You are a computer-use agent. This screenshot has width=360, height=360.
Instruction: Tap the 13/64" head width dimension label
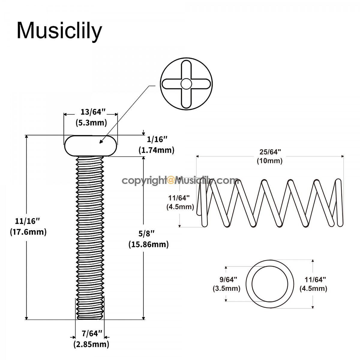coord(93,112)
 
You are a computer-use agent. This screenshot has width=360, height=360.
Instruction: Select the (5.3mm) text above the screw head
coord(91,123)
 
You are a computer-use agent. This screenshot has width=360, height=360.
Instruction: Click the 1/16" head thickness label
coord(157,139)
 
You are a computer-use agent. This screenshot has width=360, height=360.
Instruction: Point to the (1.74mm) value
coord(156,150)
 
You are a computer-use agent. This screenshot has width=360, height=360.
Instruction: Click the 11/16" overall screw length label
coord(28,221)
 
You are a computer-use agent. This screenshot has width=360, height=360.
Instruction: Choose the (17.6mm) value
coord(28,232)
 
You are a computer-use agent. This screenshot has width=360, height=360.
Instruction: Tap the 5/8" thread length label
coord(146,233)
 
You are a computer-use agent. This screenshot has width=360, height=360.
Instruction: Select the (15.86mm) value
coord(148,244)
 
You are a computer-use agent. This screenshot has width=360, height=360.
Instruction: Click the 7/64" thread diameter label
coord(92,334)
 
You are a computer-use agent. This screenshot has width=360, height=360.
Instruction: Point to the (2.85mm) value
coord(91,344)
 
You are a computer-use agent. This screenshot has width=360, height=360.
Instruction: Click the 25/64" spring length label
coord(270,152)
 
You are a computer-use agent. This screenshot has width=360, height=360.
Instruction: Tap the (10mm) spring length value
coord(270,161)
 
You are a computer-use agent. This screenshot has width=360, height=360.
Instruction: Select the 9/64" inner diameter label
coord(228,280)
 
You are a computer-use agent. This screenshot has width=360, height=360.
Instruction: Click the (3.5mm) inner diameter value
coord(226,288)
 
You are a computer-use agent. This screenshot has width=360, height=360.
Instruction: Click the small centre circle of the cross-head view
coord(186,84)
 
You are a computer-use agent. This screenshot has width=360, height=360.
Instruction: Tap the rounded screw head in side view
coord(90,146)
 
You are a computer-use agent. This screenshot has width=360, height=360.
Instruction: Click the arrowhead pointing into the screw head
coord(101,142)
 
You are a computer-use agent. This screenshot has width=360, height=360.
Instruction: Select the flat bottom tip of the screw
coord(90,319)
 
